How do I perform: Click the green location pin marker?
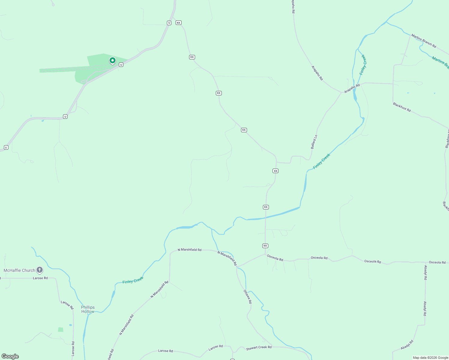click(112, 61)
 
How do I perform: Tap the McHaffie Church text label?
click(19, 270)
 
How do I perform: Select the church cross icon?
click(40, 270)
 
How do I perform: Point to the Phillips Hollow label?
click(88, 309)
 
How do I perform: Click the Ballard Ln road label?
click(314, 142)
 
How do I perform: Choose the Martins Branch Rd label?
click(423, 41)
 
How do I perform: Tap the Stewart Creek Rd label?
click(259, 347)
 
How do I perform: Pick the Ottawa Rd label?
click(248, 296)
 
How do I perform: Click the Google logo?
click(10, 356)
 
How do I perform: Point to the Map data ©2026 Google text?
click(430, 358)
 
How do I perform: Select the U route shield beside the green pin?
click(121, 64)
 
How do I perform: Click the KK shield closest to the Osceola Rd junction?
click(265, 246)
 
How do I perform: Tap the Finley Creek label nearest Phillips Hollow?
click(133, 280)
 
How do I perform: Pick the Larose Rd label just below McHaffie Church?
click(40, 278)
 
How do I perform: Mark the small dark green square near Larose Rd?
click(61, 329)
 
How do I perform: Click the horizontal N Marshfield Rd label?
click(189, 250)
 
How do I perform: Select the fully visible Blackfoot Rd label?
click(402, 107)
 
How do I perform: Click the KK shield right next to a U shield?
click(179, 23)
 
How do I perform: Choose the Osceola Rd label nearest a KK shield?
click(275, 258)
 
